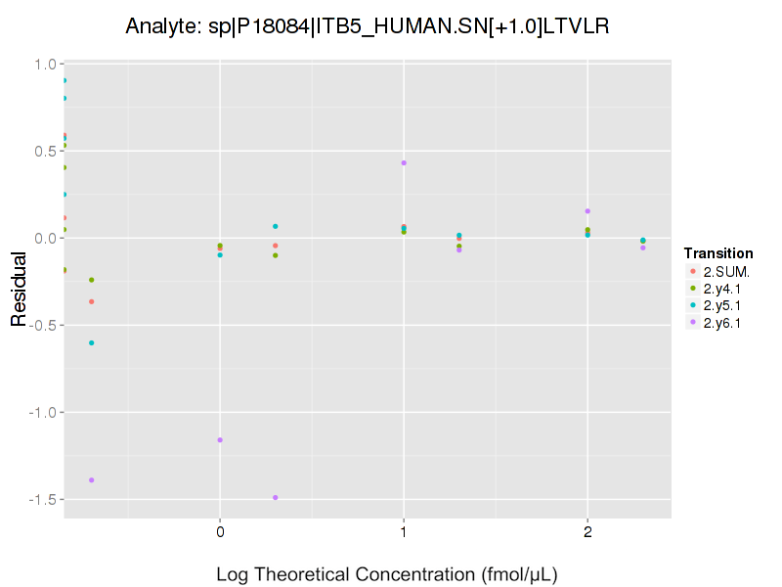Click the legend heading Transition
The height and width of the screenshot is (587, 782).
[718, 253]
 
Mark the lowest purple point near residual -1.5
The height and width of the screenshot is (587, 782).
[276, 498]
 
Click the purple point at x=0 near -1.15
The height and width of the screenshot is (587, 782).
[220, 440]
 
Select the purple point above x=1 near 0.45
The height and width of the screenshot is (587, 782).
[404, 162]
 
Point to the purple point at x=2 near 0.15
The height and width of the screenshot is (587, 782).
[587, 211]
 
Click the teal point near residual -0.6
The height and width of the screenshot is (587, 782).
[92, 343]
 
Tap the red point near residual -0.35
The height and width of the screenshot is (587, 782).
[92, 301]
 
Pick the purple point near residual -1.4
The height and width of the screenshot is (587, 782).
[92, 480]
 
